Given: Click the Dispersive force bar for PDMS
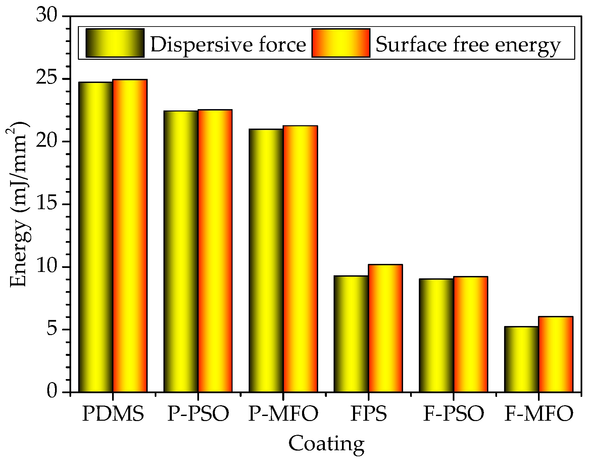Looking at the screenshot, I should (96, 237).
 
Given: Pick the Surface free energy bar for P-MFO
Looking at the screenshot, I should (300, 259).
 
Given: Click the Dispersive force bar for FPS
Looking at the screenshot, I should (351, 334).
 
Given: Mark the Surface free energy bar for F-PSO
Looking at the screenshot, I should (471, 334).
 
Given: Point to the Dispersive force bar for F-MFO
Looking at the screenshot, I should (522, 359).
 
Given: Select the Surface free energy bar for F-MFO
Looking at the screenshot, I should (556, 354).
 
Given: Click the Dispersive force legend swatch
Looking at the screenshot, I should (115, 43).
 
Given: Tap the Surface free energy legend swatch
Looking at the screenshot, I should (341, 43).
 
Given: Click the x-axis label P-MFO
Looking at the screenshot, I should (283, 414).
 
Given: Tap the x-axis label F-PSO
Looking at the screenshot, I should (454, 414).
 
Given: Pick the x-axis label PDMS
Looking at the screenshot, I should (113, 414).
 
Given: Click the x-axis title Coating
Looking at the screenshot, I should (326, 444).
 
